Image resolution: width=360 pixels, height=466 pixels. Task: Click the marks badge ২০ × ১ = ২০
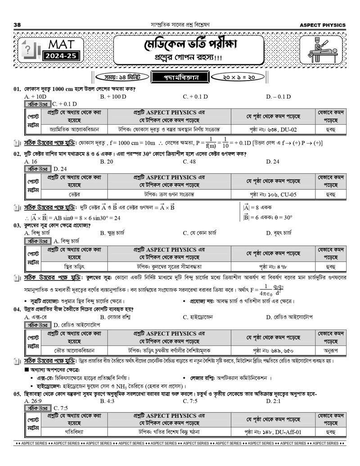(x=239, y=77)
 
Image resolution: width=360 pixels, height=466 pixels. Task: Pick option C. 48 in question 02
(x=189, y=161)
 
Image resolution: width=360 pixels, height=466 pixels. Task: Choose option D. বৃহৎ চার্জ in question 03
(x=282, y=233)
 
